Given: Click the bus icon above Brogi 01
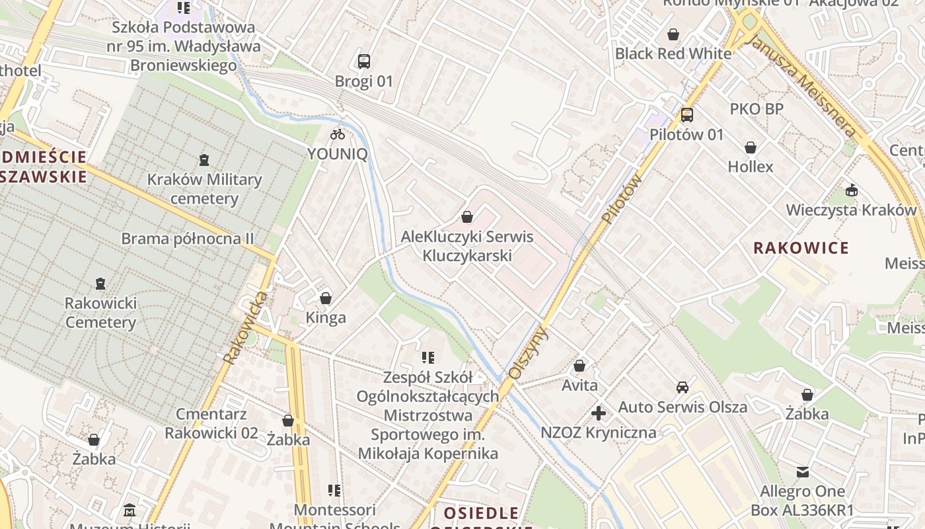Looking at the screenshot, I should click(363, 61).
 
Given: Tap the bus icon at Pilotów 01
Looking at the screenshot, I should click(687, 115).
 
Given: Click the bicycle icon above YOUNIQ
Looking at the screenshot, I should click(338, 134).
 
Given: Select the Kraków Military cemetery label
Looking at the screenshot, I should click(204, 189).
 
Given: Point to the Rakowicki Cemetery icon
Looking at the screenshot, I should click(100, 284).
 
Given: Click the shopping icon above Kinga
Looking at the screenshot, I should click(325, 298).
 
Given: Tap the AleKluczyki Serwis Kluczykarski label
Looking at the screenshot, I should click(467, 246).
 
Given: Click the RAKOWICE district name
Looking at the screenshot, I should click(801, 248).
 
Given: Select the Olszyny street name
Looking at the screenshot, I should click(528, 352).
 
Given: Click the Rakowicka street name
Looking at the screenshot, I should click(246, 328).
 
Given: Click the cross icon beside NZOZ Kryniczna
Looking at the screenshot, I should click(598, 414).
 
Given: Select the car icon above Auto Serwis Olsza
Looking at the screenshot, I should click(683, 387).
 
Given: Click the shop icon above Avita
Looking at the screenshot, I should click(579, 366).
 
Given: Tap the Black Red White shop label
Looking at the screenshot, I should click(673, 54).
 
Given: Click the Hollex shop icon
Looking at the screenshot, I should click(750, 147).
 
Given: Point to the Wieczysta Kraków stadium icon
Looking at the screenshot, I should click(852, 191).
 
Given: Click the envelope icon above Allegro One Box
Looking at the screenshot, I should click(802, 472).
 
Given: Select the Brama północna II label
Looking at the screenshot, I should click(188, 239).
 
